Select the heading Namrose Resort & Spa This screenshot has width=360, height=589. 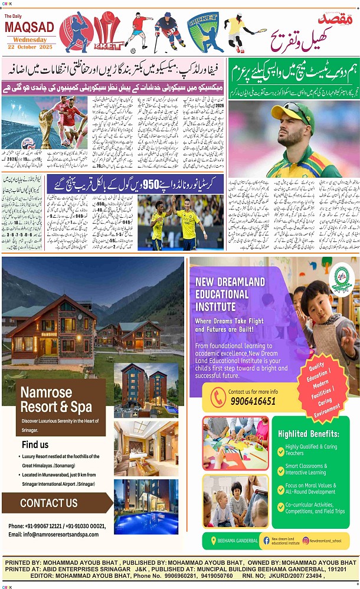click(x=56, y=400)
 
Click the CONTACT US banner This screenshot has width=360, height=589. click(x=48, y=503)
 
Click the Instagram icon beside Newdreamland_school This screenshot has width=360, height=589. click(x=306, y=540)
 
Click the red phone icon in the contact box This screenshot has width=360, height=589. click(x=218, y=397)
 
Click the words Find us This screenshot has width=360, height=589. click(x=35, y=444)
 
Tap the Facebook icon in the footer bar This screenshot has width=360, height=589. click(x=266, y=540)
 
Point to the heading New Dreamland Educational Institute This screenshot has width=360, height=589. click(x=230, y=293)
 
